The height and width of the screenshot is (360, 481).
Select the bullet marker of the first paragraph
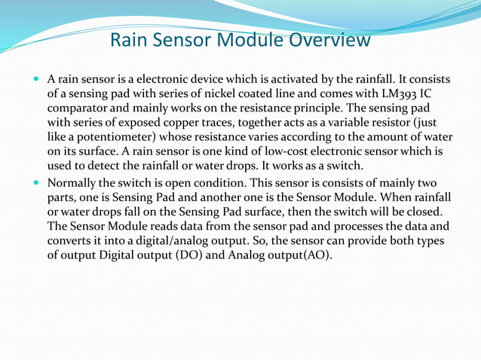[x=38, y=78]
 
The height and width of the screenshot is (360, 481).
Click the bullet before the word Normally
[x=38, y=182]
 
